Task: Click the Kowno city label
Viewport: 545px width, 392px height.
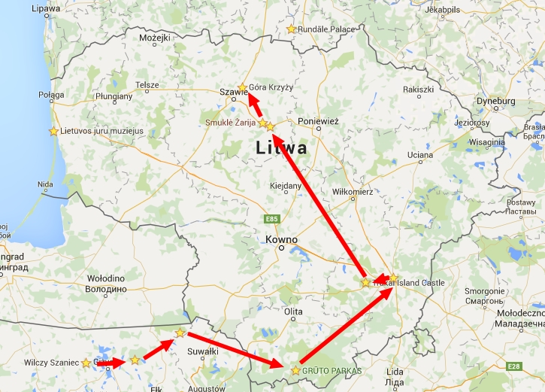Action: pos(281,241)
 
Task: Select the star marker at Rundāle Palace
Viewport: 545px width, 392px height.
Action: pos(292,29)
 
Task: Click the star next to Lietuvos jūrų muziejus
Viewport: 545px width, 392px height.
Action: pos(53,131)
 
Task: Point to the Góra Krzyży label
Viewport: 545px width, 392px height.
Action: pos(271,87)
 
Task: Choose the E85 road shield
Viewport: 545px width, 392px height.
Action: pos(271,219)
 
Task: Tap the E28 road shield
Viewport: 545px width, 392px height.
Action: pos(514,366)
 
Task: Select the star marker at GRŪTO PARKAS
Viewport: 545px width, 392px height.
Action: pos(296,370)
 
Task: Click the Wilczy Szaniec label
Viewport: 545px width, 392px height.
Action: pos(51,363)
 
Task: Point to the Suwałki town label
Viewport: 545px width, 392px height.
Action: pos(202,351)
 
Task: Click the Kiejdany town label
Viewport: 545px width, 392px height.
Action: pos(286,185)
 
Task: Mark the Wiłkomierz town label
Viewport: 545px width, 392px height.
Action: pos(352,193)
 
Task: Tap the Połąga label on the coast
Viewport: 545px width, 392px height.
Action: pos(52,96)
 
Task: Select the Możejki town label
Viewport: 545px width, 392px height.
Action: pos(155,38)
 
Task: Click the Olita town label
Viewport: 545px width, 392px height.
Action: pos(292,311)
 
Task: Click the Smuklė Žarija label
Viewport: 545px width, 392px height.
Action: pos(231,122)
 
